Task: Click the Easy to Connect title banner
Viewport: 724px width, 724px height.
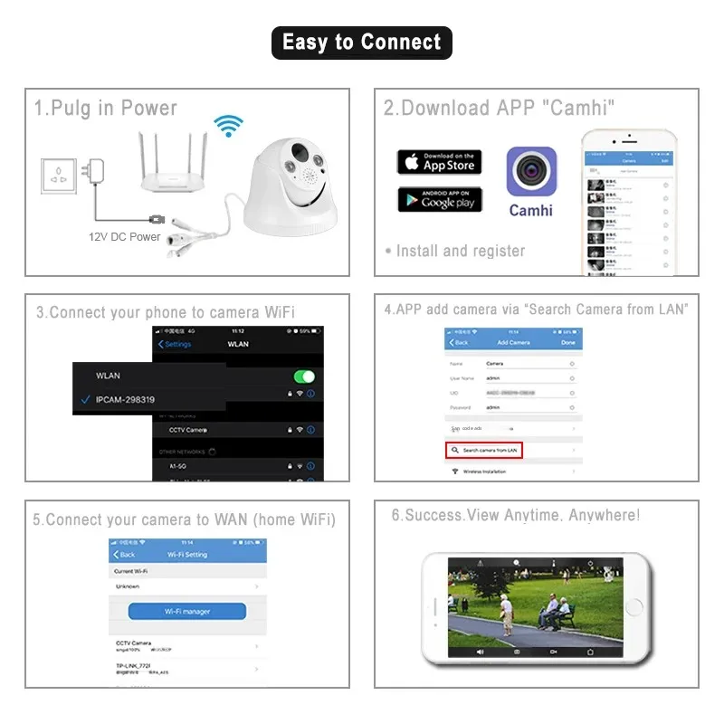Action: [x=361, y=43]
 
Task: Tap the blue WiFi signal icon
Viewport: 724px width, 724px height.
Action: [x=228, y=125]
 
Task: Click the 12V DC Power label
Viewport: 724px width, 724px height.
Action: [x=124, y=237]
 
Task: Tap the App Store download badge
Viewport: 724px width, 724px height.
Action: [x=439, y=162]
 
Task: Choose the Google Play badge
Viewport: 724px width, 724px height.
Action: [x=439, y=199]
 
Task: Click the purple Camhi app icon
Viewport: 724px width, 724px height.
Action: [x=530, y=172]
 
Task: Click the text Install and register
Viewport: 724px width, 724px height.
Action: [x=460, y=251]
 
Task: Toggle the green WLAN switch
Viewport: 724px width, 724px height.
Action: [x=304, y=376]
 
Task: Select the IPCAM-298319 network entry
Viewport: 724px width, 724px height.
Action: [x=125, y=399]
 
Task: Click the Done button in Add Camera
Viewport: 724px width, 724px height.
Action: [x=567, y=343]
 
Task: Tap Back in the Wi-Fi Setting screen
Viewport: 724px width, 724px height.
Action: [x=124, y=554]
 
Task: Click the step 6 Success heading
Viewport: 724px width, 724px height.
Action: [x=515, y=516]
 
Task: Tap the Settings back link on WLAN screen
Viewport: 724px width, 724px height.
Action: [x=175, y=345]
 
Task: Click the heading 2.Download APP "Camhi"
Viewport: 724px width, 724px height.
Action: [x=499, y=108]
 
